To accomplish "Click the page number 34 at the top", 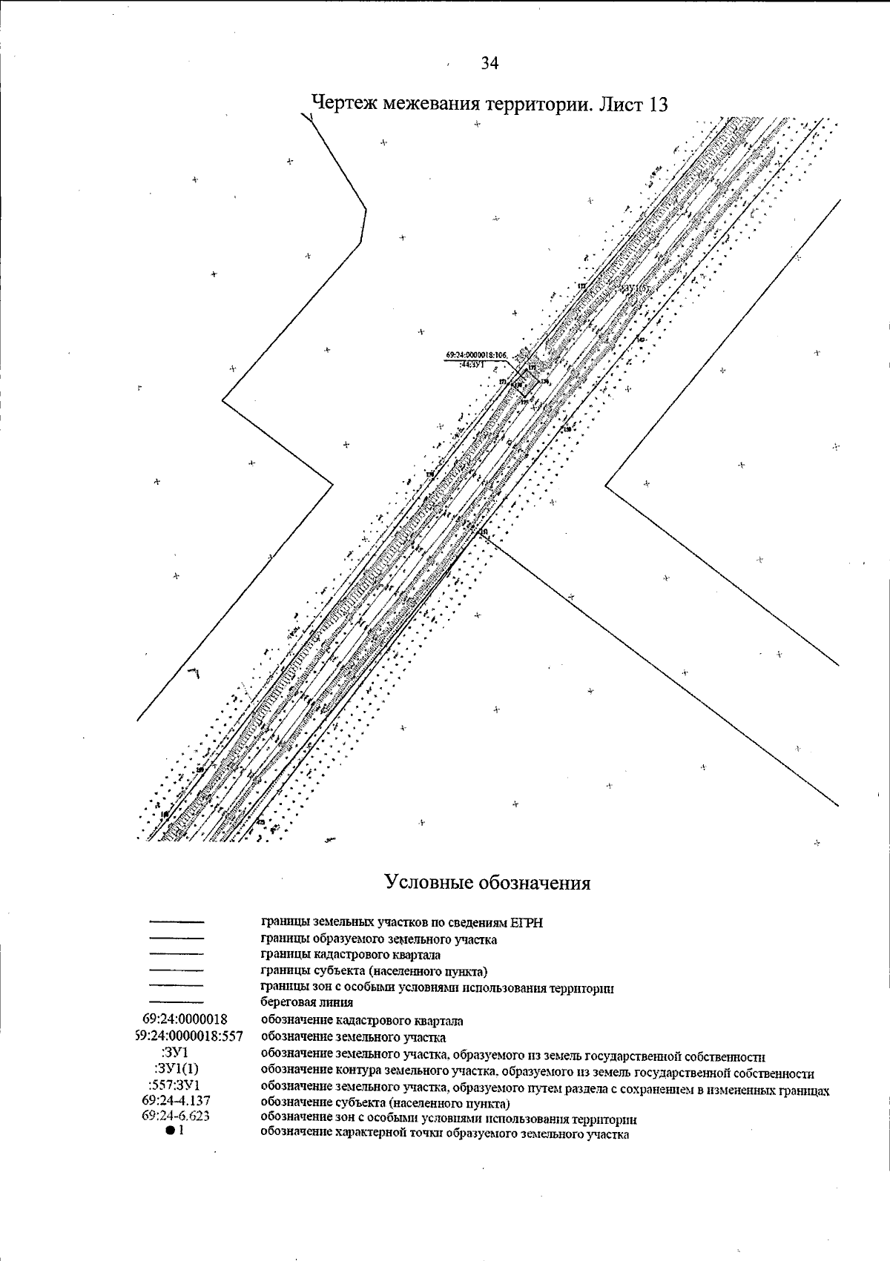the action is tap(489, 64).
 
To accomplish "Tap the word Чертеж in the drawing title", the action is tap(344, 103).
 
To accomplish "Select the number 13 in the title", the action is tap(658, 104).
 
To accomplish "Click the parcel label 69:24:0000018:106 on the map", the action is tap(475, 356).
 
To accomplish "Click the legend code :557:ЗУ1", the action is tap(175, 1086).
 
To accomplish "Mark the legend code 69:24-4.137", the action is tap(176, 1102).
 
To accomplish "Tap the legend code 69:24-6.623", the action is tap(176, 1117).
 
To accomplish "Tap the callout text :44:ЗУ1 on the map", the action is tap(474, 364).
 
